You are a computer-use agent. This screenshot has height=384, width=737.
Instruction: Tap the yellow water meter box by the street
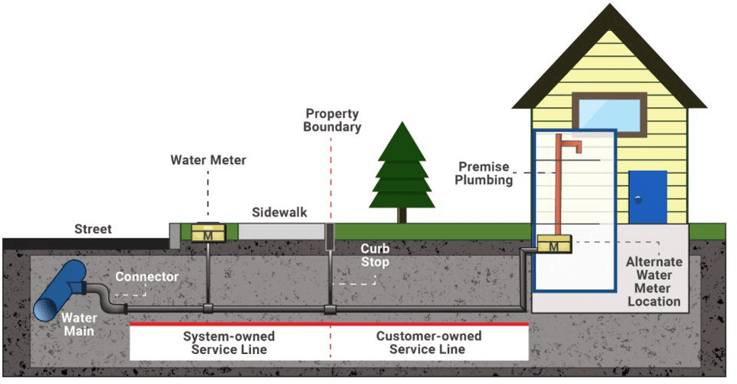(x=208, y=233)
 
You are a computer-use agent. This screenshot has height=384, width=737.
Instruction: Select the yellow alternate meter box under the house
(x=554, y=247)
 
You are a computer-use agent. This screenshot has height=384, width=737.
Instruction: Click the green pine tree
(x=402, y=170)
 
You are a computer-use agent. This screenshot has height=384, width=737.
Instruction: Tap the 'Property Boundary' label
(x=332, y=120)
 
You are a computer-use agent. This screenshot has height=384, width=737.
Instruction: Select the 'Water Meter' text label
(x=208, y=160)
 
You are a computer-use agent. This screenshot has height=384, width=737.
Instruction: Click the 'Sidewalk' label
(x=279, y=213)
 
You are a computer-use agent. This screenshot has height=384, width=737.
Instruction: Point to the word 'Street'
(x=93, y=229)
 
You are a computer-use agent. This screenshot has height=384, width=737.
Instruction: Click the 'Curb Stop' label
(x=375, y=255)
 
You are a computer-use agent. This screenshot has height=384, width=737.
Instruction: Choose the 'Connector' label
(x=147, y=277)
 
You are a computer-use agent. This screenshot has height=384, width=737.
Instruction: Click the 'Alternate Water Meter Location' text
(x=653, y=281)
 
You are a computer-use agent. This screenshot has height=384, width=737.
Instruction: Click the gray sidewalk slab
(x=279, y=232)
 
